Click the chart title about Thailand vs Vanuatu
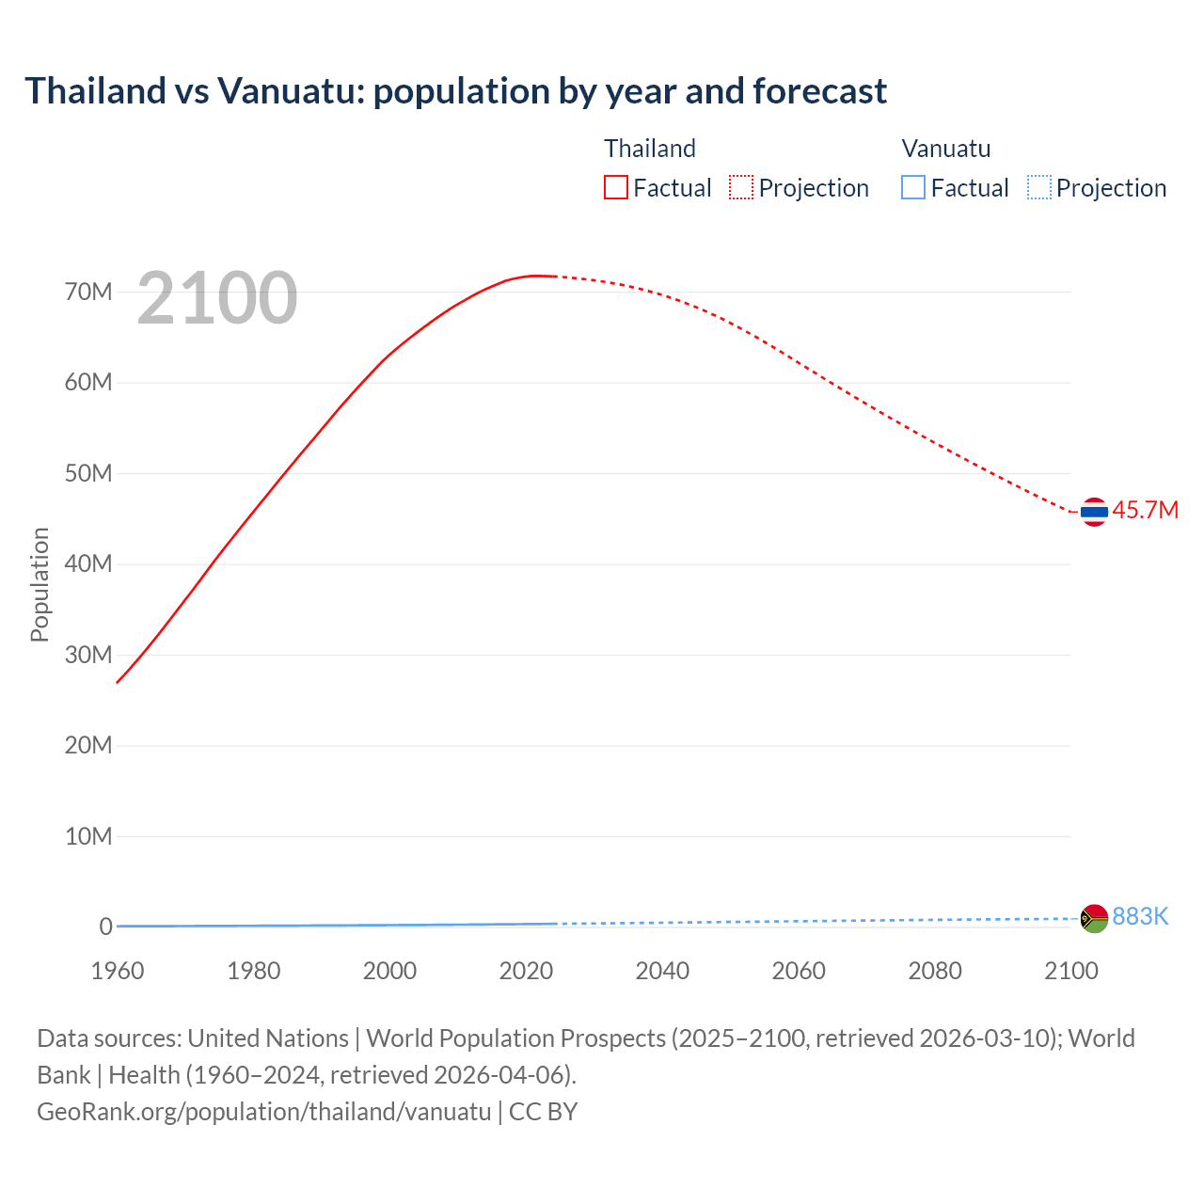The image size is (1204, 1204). pyautogui.click(x=455, y=91)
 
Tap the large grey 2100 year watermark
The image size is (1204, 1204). pyautogui.click(x=217, y=298)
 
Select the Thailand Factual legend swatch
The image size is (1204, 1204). pyautogui.click(x=615, y=187)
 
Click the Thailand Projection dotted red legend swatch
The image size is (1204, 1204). pyautogui.click(x=741, y=187)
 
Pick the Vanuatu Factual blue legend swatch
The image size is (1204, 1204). pyautogui.click(x=912, y=187)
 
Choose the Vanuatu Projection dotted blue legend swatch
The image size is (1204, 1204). pyautogui.click(x=1038, y=187)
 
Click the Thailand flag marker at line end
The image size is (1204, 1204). pyautogui.click(x=1094, y=512)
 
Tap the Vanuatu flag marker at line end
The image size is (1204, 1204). pyautogui.click(x=1094, y=918)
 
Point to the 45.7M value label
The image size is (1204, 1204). pyautogui.click(x=1145, y=510)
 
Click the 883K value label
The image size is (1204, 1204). pyautogui.click(x=1140, y=916)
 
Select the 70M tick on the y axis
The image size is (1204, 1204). pyautogui.click(x=88, y=292)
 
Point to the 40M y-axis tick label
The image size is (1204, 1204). pyautogui.click(x=88, y=563)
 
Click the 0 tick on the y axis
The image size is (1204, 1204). pyautogui.click(x=105, y=927)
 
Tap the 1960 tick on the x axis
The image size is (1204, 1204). pyautogui.click(x=118, y=971)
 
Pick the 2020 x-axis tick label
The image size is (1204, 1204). pyautogui.click(x=526, y=971)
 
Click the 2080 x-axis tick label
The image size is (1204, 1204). pyautogui.click(x=935, y=971)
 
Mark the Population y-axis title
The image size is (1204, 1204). pyautogui.click(x=40, y=584)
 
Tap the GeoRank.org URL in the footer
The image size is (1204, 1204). pyautogui.click(x=263, y=1112)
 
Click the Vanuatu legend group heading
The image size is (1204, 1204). pyautogui.click(x=945, y=149)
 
